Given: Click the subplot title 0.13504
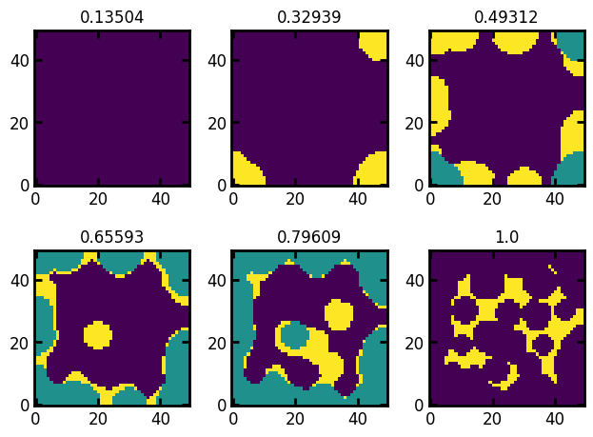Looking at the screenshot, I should [x=111, y=17].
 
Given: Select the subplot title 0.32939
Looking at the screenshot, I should [x=309, y=17].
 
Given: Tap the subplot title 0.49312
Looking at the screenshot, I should [x=507, y=17].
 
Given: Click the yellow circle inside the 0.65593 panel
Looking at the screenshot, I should [x=97, y=335].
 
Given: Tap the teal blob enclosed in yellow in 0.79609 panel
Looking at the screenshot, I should [x=294, y=334].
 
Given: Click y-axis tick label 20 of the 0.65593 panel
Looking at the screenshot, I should [x=18, y=343].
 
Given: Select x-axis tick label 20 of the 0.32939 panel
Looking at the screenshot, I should [x=295, y=199].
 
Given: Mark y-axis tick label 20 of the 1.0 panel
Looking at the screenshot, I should [x=414, y=343].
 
